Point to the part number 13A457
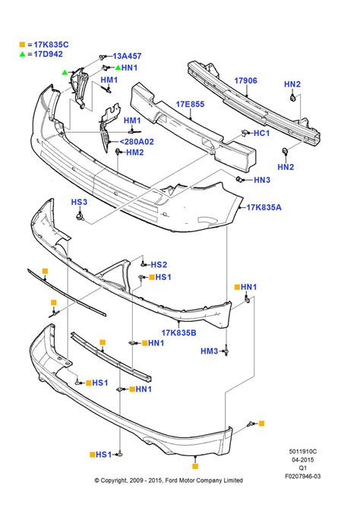pyautogui.click(x=127, y=56)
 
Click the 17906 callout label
pyautogui.click(x=245, y=80)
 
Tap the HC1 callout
pyautogui.click(x=261, y=134)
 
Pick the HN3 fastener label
pyautogui.click(x=262, y=180)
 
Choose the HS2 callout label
pyautogui.click(x=159, y=265)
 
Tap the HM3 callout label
pyautogui.click(x=210, y=351)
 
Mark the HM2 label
pyautogui.click(x=134, y=153)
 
